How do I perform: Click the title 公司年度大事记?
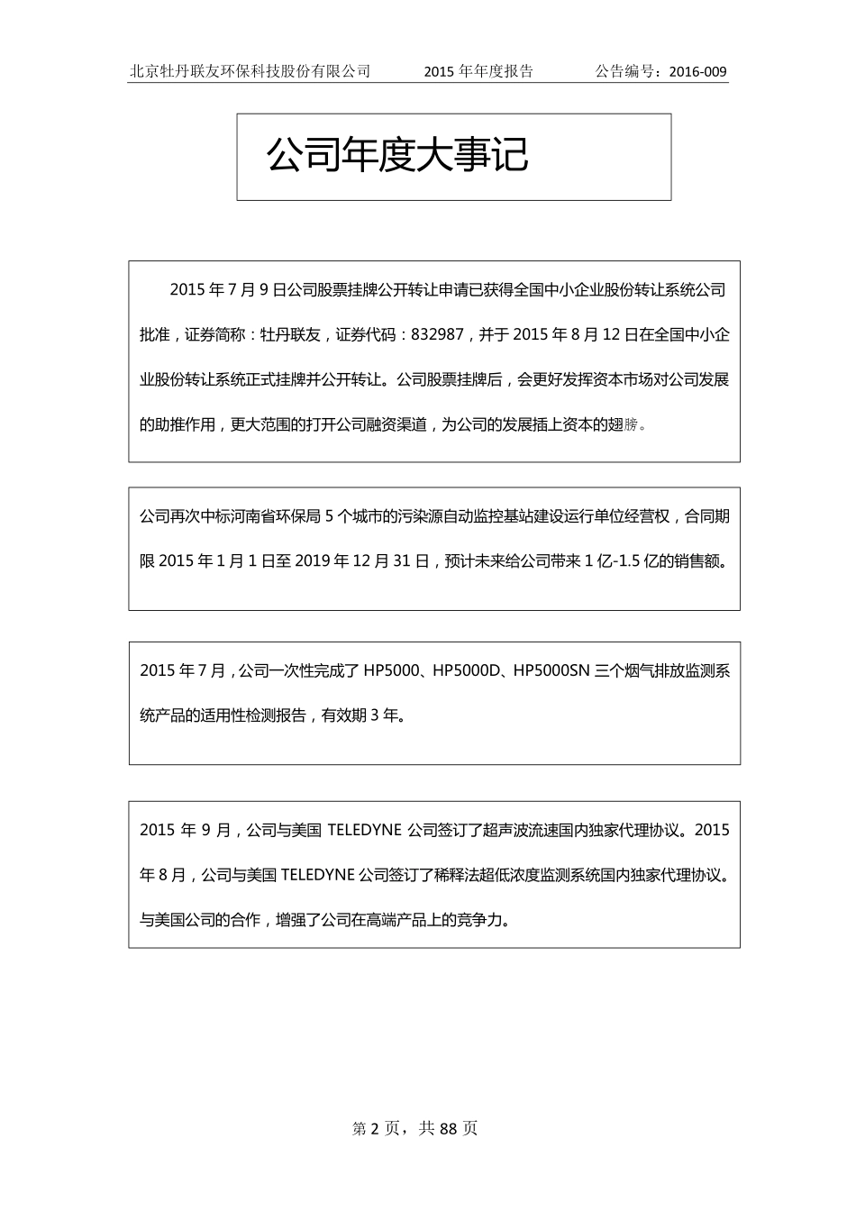tap(397, 155)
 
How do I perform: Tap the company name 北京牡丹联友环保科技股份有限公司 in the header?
tap(250, 72)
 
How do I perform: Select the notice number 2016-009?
tap(698, 72)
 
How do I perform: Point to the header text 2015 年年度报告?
tap(478, 72)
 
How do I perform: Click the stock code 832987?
tap(437, 334)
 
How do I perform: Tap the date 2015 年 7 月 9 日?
tap(227, 290)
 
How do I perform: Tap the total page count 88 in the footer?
tap(450, 1128)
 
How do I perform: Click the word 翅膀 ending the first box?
tap(628, 423)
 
